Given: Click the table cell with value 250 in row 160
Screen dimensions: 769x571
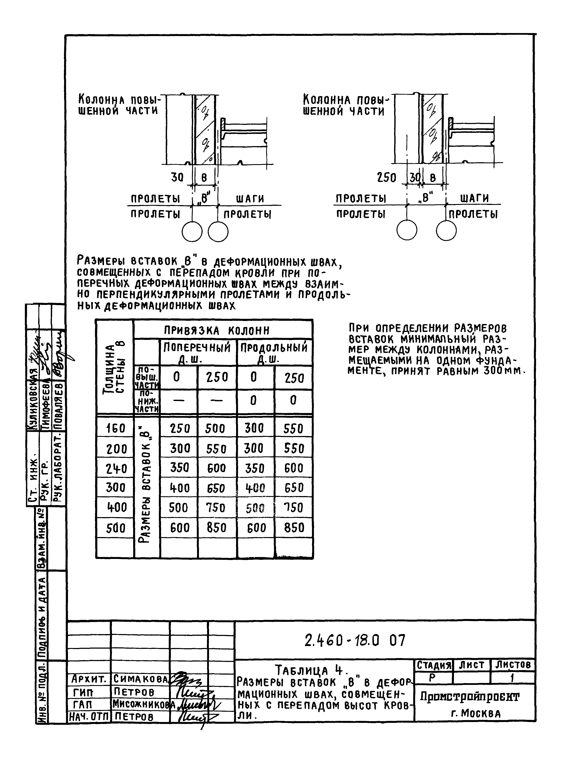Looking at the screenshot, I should pos(180,429).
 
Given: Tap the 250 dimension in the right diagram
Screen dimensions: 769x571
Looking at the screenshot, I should pos(386,178).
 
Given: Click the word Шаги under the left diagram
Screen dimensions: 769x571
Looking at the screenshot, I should pos(250,199).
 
